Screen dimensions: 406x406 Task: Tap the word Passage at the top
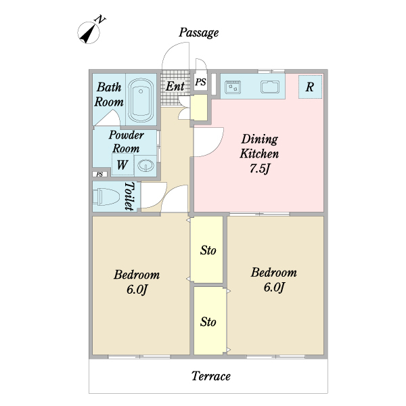tap(199, 32)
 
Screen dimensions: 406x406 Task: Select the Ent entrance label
tap(175, 86)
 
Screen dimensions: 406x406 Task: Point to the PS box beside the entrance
tap(201, 82)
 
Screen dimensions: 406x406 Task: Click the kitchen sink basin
tap(270, 87)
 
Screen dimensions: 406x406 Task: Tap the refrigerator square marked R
tap(310, 87)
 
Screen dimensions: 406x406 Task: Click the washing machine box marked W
tap(122, 164)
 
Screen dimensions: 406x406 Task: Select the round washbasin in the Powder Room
tap(145, 164)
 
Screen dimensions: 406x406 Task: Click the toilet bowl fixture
tap(108, 197)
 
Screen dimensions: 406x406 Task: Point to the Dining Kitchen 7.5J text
tap(259, 154)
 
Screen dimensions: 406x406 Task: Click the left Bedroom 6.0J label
tap(137, 282)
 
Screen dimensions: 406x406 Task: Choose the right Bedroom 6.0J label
tap(273, 279)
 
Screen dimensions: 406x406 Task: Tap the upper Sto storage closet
tap(208, 250)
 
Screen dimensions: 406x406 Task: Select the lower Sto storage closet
tap(208, 321)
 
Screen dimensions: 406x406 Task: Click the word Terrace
tap(210, 376)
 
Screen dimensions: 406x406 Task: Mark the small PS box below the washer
tap(99, 175)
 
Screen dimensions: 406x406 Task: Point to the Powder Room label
tap(127, 141)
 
